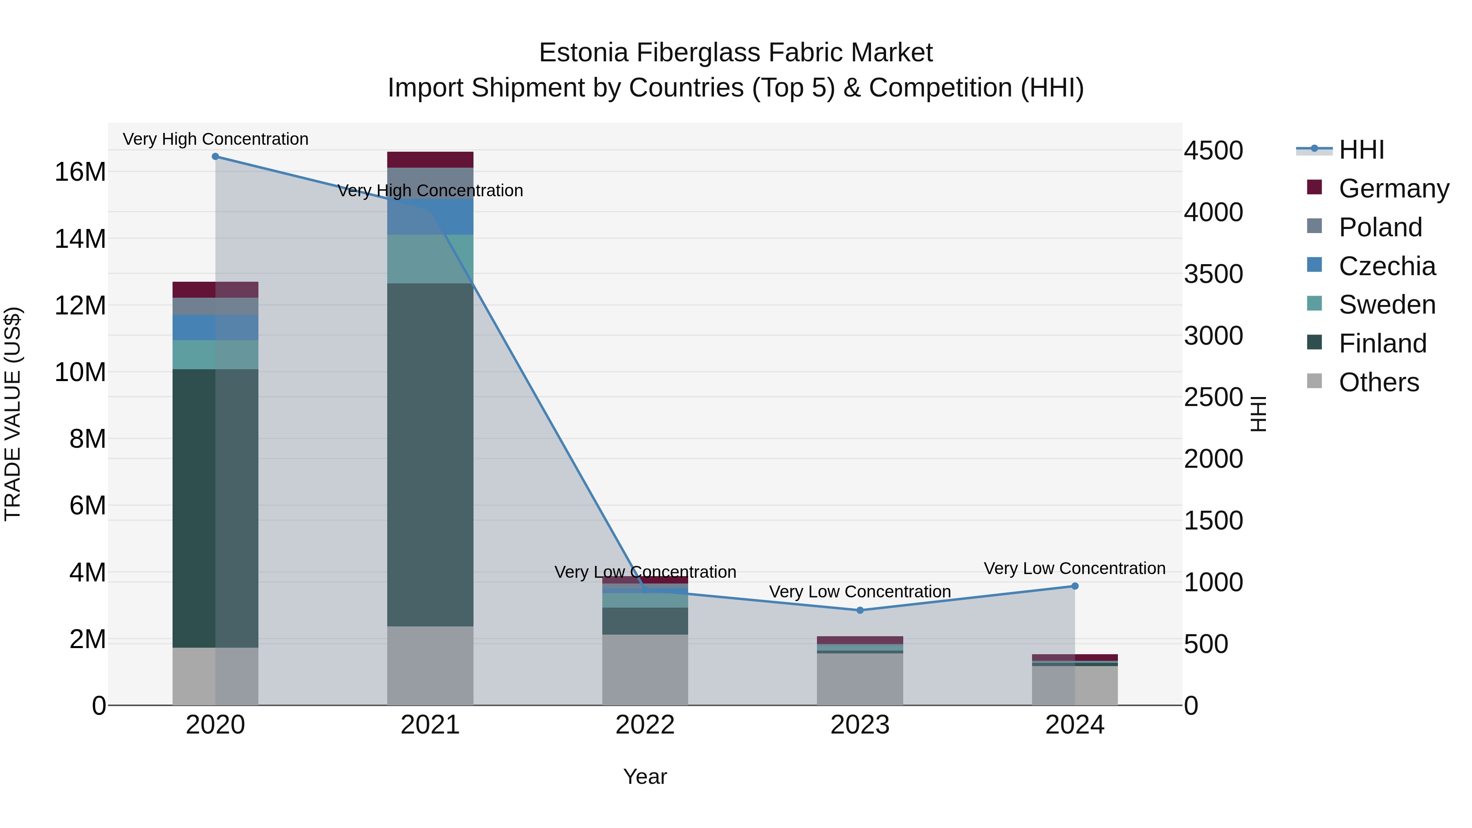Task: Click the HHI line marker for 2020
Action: pos(215,157)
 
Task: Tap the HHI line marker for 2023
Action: pos(860,610)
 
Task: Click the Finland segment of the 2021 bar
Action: pos(430,454)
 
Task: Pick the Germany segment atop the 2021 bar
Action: pos(430,159)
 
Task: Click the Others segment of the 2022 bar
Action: pos(645,670)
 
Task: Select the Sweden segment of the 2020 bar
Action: pos(215,355)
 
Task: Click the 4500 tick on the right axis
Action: pos(1213,151)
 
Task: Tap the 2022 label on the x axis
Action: pos(645,725)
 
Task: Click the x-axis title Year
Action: pos(645,776)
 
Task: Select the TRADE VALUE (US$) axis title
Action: pos(13,414)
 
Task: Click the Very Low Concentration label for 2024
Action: pos(1074,569)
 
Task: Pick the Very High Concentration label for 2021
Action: pos(430,191)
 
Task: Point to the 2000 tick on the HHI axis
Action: pos(1213,459)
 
